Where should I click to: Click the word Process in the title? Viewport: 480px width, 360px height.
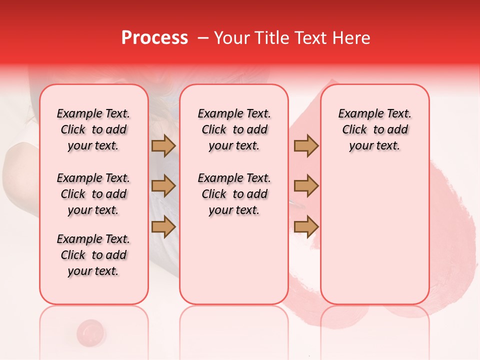pyautogui.click(x=154, y=38)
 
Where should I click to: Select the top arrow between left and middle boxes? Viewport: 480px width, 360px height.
pyautogui.click(x=163, y=145)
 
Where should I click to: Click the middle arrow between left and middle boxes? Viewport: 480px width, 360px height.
pyautogui.click(x=163, y=186)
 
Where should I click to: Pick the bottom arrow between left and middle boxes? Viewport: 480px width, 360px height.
pyautogui.click(x=163, y=226)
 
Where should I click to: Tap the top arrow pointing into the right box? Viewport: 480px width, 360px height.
pyautogui.click(x=306, y=145)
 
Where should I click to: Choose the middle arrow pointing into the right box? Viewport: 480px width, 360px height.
pyautogui.click(x=306, y=186)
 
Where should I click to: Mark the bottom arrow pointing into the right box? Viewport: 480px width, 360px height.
pyautogui.click(x=306, y=226)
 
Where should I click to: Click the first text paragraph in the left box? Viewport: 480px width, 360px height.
pyautogui.click(x=93, y=129)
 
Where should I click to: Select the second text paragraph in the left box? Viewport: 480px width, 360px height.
pyautogui.click(x=93, y=194)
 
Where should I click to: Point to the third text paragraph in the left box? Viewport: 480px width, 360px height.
pyautogui.click(x=93, y=255)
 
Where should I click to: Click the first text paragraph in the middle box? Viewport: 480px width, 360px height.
pyautogui.click(x=234, y=129)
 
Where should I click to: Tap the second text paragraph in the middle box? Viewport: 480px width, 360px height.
pyautogui.click(x=234, y=194)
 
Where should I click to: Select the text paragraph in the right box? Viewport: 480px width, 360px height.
pyautogui.click(x=374, y=129)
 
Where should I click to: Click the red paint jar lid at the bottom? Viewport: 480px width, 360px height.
pyautogui.click(x=90, y=331)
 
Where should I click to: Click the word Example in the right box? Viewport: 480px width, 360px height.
pyautogui.click(x=356, y=113)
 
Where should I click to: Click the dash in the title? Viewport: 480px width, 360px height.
pyautogui.click(x=202, y=38)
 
